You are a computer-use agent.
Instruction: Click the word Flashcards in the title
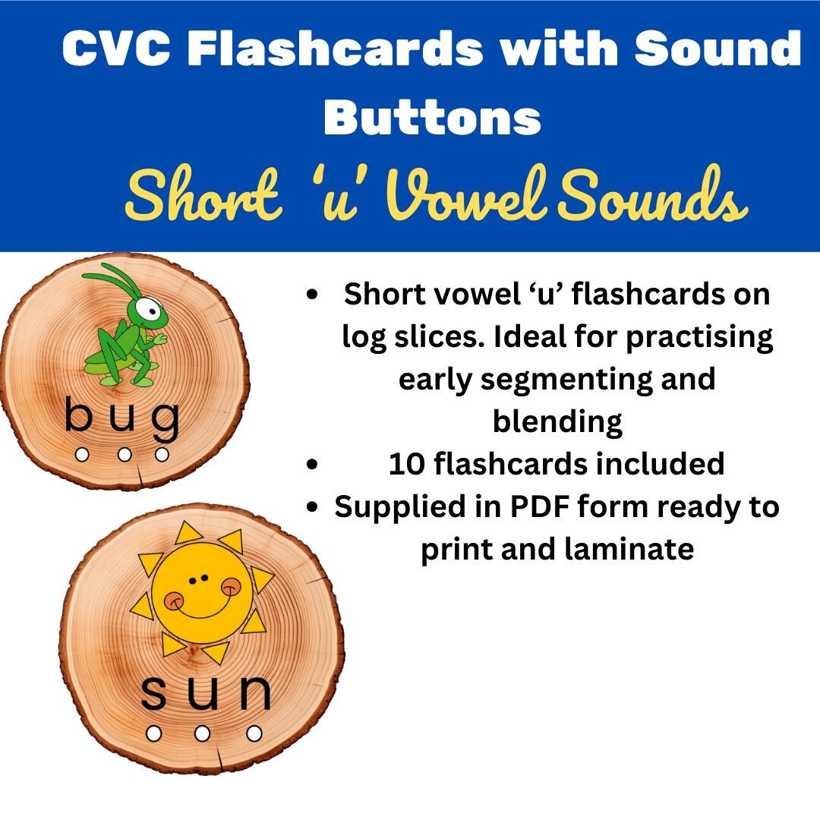336,49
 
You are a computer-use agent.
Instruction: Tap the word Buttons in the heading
432,118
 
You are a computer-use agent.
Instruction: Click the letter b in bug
79,416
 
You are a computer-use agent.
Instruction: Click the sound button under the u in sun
202,733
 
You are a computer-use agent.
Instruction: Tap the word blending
557,421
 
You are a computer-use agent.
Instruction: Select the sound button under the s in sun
153,733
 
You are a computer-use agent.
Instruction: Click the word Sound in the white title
717,49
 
